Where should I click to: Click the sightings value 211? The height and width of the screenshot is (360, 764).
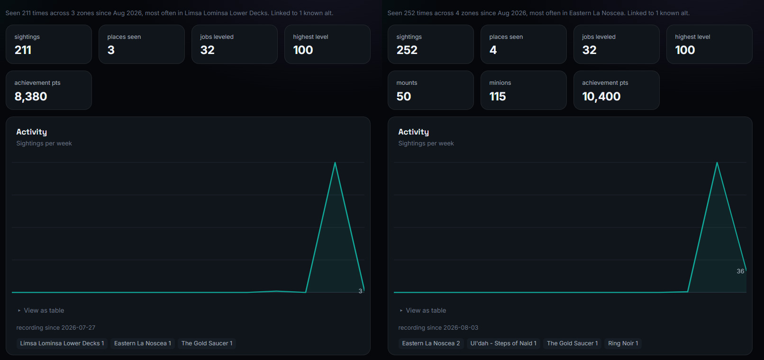(23, 50)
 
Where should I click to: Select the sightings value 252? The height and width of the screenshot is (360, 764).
(407, 50)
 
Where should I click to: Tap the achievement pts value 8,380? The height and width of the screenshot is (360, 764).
(31, 97)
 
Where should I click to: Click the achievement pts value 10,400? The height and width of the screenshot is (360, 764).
(601, 97)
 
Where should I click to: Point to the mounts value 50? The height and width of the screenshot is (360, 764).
(403, 97)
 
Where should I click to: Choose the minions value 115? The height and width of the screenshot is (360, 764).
(498, 97)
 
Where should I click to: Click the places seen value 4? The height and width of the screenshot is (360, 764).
(493, 50)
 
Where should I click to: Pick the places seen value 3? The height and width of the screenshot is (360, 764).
(111, 50)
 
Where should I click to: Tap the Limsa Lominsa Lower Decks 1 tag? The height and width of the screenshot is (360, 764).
(62, 343)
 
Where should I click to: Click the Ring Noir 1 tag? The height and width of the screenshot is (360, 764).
(623, 343)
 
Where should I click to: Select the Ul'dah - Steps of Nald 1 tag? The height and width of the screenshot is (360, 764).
(503, 343)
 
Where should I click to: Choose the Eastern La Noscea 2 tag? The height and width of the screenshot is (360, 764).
(431, 343)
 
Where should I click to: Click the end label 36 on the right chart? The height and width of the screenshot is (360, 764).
(740, 271)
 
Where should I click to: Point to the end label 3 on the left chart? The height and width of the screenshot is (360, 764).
(360, 291)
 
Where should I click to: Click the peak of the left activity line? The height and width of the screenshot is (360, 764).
(335, 162)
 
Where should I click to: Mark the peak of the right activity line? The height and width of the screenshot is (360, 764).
(717, 162)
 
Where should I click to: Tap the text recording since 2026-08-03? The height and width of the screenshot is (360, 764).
(438, 328)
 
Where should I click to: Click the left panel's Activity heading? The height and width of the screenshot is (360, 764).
(32, 132)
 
